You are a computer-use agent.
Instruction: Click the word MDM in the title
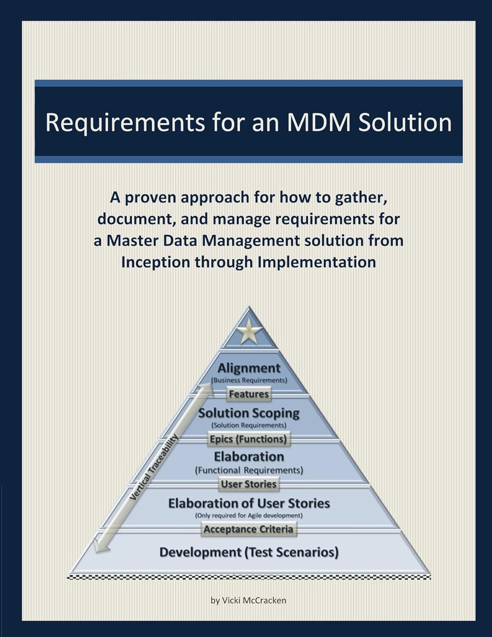[319, 122]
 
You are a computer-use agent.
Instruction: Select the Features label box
[249, 394]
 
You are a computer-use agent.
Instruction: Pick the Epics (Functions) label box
[249, 439]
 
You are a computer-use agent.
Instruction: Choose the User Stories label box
[249, 484]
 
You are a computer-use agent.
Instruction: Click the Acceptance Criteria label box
[248, 529]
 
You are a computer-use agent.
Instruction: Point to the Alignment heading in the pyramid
[249, 368]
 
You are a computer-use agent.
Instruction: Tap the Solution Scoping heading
[249, 413]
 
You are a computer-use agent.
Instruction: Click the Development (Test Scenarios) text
[249, 552]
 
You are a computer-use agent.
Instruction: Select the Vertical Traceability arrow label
[154, 467]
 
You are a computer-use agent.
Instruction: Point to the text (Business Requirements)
[249, 380]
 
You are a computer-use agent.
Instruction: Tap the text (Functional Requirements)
[249, 470]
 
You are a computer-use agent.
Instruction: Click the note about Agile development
[249, 516]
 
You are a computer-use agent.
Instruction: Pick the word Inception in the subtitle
[155, 262]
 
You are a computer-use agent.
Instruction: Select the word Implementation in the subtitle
[317, 262]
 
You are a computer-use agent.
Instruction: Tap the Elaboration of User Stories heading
[249, 503]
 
